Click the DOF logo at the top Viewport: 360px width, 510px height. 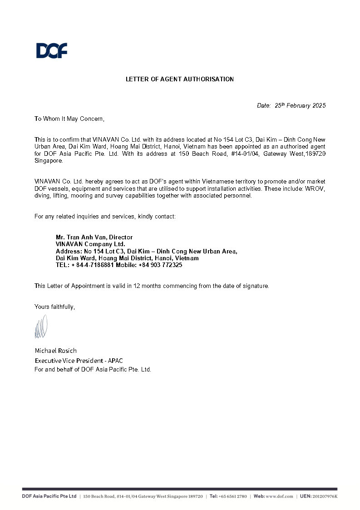pyautogui.click(x=52, y=50)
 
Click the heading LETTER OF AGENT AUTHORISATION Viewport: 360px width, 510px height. pyautogui.click(x=180, y=79)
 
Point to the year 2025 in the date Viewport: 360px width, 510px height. pyautogui.click(x=318, y=106)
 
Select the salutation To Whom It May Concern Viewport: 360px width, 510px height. pyautogui.click(x=69, y=119)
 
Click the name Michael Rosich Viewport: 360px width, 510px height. pyautogui.click(x=56, y=351)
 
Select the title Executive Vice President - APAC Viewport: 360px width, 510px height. pyautogui.click(x=79, y=361)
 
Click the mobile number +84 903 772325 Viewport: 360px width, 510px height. pyautogui.click(x=160, y=265)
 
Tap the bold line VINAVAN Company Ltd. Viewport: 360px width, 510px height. pyautogui.click(x=90, y=244)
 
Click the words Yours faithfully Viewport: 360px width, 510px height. pyautogui.click(x=54, y=307)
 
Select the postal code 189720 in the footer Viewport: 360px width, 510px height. pyautogui.click(x=195, y=497)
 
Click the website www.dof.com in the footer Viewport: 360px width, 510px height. pyautogui.click(x=279, y=497)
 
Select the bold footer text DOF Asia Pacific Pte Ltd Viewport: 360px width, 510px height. pyautogui.click(x=49, y=497)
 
